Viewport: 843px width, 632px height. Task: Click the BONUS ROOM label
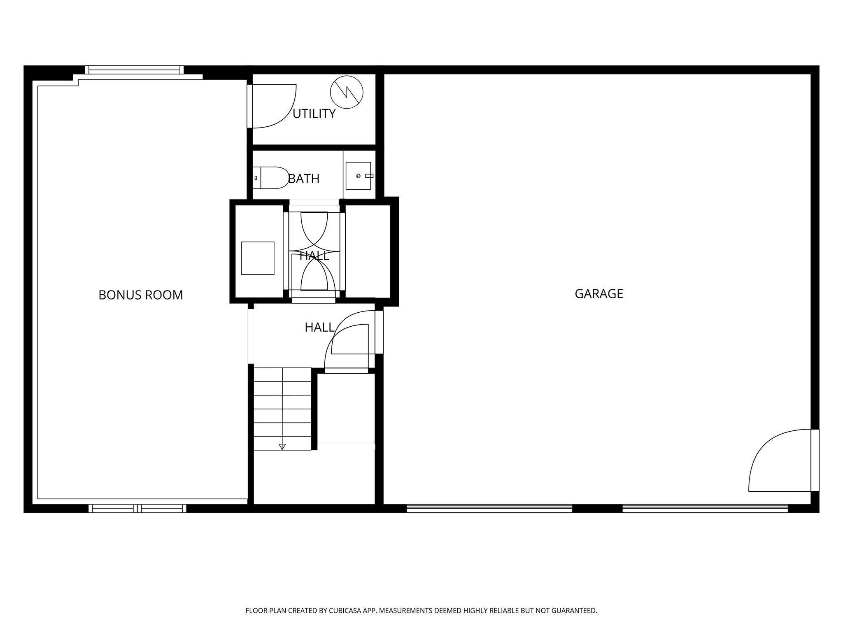click(x=141, y=295)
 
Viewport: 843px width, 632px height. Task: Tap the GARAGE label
click(x=599, y=294)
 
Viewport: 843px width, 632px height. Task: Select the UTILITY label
click(x=314, y=114)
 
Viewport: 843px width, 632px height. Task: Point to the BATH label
click(x=304, y=179)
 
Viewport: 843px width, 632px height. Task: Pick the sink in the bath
click(x=359, y=176)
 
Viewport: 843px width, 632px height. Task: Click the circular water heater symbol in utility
click(x=347, y=92)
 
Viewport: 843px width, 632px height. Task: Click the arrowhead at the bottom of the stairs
click(x=282, y=447)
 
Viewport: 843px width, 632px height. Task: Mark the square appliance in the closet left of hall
click(x=258, y=258)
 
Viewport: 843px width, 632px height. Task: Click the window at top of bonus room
click(x=135, y=70)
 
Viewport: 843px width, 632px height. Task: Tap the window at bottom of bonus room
click(x=137, y=509)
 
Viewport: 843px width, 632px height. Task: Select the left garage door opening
click(x=489, y=509)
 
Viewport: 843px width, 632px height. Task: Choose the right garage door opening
click(x=705, y=509)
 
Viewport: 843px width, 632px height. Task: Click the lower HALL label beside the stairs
click(x=319, y=328)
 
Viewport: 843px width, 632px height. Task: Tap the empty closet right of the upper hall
click(x=368, y=251)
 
